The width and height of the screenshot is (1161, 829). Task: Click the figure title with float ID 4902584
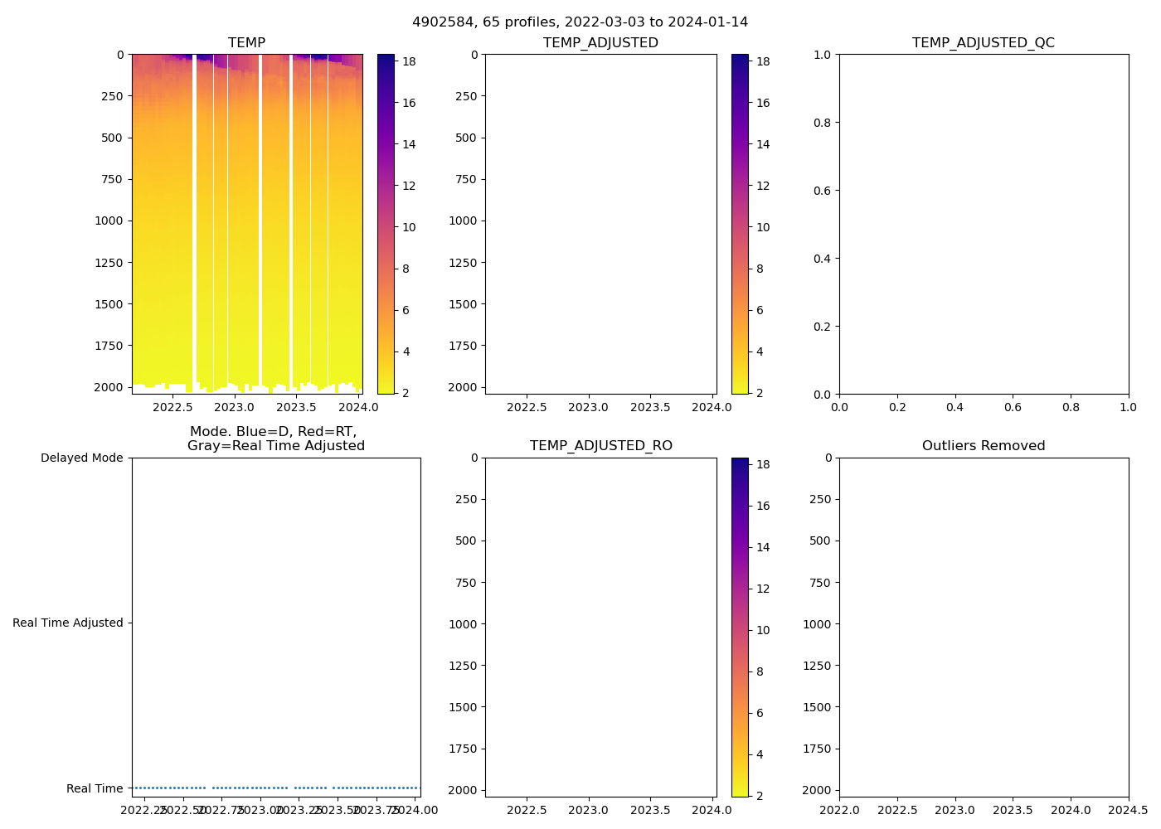coord(580,22)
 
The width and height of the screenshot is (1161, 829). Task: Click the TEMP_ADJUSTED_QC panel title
coord(984,42)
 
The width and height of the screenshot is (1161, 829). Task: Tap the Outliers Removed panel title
coord(984,445)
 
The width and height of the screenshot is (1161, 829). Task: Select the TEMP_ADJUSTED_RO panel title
coord(601,445)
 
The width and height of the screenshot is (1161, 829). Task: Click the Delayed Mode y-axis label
coord(81,458)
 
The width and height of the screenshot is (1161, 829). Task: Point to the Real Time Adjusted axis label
coord(67,623)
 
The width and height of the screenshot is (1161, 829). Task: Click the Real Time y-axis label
coord(95,788)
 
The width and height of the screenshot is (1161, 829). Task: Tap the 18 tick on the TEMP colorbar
coord(409,61)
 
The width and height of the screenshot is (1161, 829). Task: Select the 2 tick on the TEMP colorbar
coord(406,393)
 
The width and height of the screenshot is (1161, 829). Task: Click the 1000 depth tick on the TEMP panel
coord(109,221)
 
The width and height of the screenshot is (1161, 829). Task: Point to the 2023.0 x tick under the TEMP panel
coord(235,407)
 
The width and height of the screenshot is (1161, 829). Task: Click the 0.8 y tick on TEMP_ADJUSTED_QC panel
coord(822,123)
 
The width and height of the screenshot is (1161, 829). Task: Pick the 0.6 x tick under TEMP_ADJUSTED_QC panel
coord(1013,407)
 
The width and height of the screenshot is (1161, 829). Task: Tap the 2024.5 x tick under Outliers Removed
coord(1129,810)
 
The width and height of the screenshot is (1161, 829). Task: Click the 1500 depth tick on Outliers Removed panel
coord(817,707)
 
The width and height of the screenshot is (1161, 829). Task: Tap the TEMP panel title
coord(247,42)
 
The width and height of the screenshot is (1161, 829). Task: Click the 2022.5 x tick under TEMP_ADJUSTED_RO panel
coord(527,810)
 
